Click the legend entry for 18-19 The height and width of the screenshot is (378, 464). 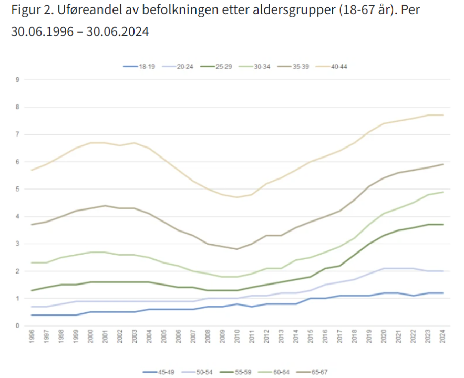138,67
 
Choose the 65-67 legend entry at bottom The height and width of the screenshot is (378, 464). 313,372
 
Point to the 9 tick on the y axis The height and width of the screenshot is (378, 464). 18,80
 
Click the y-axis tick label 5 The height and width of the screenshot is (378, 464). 18,189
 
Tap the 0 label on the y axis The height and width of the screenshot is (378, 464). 18,326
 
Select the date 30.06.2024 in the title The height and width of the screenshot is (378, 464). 118,32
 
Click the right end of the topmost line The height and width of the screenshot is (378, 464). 444,115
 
